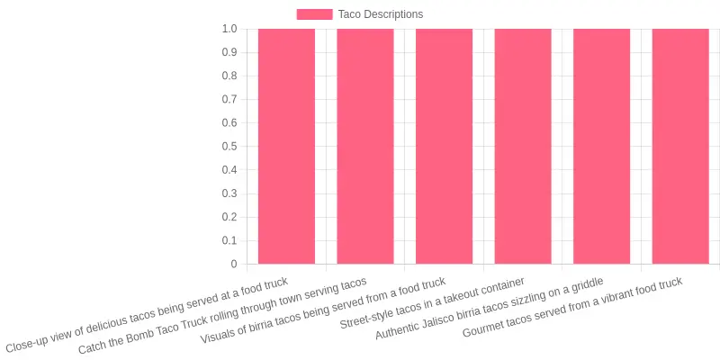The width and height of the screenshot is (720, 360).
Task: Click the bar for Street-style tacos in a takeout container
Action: pyautogui.click(x=523, y=146)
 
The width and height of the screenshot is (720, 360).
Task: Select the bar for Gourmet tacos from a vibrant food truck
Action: pyautogui.click(x=680, y=146)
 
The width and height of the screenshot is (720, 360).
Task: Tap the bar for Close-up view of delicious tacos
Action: pyautogui.click(x=286, y=146)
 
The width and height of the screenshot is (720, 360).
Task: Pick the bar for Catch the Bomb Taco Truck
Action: pyautogui.click(x=365, y=146)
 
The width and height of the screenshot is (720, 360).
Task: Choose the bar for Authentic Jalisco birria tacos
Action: pyautogui.click(x=601, y=146)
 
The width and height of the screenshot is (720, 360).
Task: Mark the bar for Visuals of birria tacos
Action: pyautogui.click(x=444, y=146)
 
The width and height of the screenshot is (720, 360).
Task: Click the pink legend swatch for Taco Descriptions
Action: pyautogui.click(x=314, y=14)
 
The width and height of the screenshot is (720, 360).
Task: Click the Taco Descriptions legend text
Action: pyautogui.click(x=381, y=14)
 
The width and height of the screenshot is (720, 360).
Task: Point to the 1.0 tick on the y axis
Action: pyautogui.click(x=229, y=29)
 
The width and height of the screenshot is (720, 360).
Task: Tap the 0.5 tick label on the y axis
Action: pyautogui.click(x=229, y=147)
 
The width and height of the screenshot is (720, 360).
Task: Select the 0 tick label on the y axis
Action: pyautogui.click(x=234, y=264)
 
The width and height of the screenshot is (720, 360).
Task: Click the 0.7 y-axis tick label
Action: pyautogui.click(x=229, y=100)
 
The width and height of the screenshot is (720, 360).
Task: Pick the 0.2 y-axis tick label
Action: pyautogui.click(x=229, y=217)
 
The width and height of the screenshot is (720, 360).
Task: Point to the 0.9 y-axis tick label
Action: pyautogui.click(x=229, y=52)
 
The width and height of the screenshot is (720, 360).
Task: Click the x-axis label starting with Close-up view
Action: pyautogui.click(x=147, y=315)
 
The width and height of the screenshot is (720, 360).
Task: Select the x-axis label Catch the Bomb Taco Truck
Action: pyautogui.click(x=222, y=316)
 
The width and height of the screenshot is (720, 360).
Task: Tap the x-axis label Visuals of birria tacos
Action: pyautogui.click(x=323, y=310)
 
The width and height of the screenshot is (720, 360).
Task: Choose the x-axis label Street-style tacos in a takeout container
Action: pyautogui.click(x=432, y=303)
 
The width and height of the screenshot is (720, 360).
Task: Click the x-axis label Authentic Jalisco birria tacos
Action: pyautogui.click(x=490, y=309)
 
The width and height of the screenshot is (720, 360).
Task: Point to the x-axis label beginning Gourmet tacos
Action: pyautogui.click(x=573, y=307)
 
